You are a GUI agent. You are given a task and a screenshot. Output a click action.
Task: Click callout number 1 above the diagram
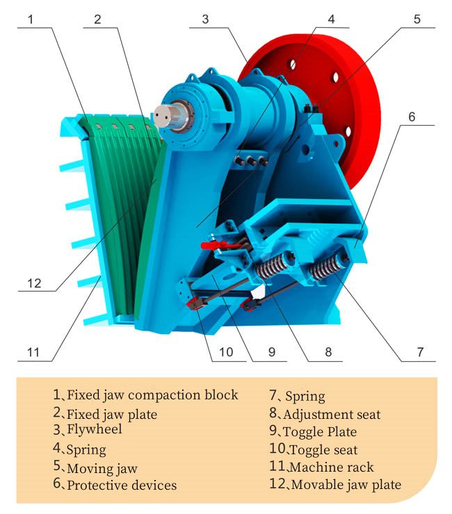[x=31, y=19]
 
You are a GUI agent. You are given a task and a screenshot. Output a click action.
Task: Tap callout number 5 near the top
[x=417, y=19]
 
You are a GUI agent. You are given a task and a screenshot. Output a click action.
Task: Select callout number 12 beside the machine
[x=34, y=283]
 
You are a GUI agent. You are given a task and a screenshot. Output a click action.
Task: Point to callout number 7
[x=420, y=352]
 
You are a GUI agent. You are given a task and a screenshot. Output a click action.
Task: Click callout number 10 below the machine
[x=226, y=352]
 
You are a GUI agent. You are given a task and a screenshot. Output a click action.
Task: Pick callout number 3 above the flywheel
[x=205, y=19]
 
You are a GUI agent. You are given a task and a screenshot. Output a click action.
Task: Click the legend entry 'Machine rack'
[x=331, y=467]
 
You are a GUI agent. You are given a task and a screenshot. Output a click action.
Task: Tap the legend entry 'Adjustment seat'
[x=332, y=415]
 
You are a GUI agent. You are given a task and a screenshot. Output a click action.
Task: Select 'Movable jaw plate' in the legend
[x=346, y=484]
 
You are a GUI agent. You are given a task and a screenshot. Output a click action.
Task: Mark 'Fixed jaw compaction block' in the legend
[x=152, y=395]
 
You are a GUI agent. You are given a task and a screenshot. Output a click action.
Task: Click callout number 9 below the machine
[x=271, y=352]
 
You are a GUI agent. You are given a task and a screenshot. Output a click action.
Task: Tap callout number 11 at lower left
[x=34, y=352]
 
